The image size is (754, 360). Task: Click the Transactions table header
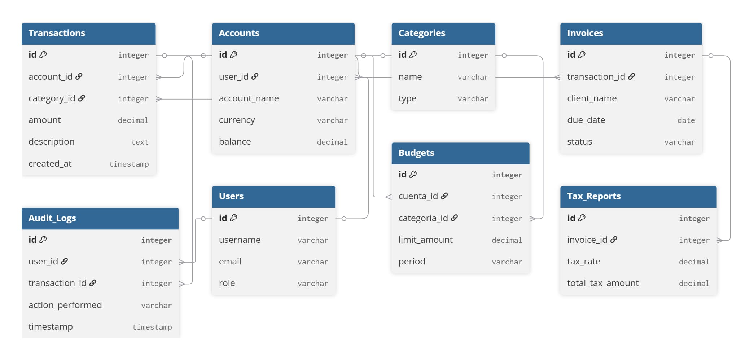pos(57,33)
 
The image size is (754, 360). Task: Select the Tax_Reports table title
pos(594,196)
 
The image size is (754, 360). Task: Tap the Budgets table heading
pos(416,153)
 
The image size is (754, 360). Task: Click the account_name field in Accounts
pos(249,98)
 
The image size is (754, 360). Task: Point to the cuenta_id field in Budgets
pos(418,196)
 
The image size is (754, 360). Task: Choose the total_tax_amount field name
pos(603,283)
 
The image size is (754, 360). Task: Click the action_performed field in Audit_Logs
pos(65,305)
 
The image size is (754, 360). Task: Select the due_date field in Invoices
pos(586,120)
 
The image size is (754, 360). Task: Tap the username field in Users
pos(240,240)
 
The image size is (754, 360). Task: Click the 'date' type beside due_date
pos(686,120)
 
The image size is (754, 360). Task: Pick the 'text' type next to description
pos(140,142)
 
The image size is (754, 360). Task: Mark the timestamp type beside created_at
pos(129,164)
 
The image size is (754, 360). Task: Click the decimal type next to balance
pos(332,142)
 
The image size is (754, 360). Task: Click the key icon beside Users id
pos(234,218)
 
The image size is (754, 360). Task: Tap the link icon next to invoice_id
pos(614,240)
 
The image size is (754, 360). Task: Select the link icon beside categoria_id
pos(455,218)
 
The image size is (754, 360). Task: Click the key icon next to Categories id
pos(413,54)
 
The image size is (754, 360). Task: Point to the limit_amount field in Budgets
pos(425,240)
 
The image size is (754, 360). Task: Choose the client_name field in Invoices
pos(592,98)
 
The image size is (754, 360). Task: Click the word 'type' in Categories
pos(407,99)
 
